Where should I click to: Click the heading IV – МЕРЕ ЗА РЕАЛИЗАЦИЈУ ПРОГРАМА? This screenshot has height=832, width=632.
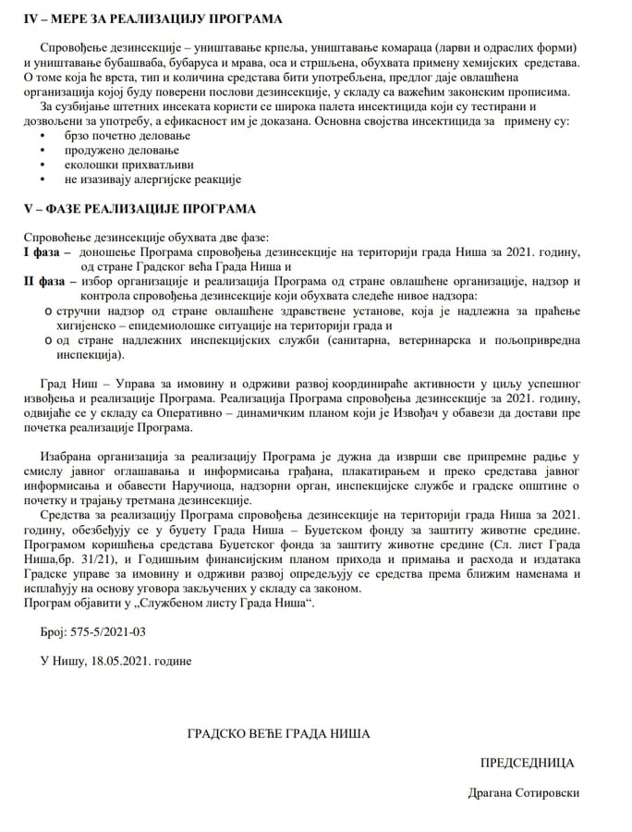coord(152,18)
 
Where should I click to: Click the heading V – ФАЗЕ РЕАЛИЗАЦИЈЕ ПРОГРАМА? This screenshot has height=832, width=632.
coord(139,208)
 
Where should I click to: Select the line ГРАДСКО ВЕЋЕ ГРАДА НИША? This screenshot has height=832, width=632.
coord(278,733)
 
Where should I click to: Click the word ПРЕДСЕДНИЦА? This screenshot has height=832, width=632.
coord(527,763)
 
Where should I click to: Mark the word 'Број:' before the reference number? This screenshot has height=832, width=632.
coord(55,632)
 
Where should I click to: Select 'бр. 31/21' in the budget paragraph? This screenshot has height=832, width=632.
coord(95,559)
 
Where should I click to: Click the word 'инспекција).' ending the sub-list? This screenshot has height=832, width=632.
coord(90,354)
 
